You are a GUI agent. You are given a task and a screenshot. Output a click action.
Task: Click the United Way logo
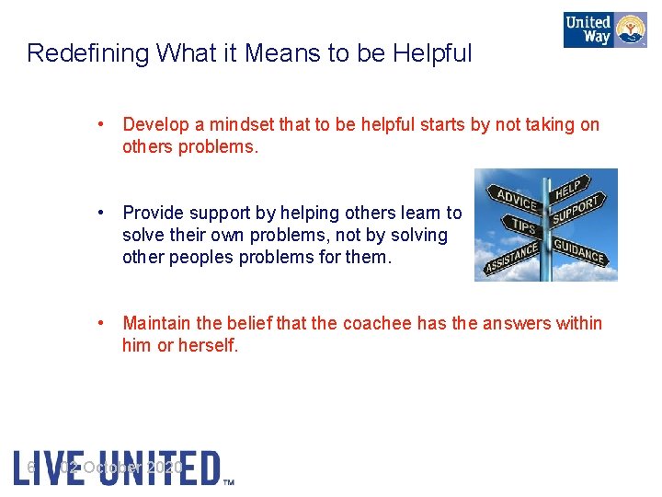click(x=604, y=29)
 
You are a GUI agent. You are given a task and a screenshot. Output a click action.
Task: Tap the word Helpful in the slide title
click(x=432, y=53)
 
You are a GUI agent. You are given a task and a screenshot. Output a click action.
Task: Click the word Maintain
click(x=156, y=323)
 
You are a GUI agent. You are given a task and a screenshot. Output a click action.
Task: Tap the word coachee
click(x=377, y=323)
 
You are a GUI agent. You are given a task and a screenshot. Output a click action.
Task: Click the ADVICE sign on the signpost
click(x=517, y=199)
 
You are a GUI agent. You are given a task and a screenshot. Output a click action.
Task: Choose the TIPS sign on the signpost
click(x=523, y=225)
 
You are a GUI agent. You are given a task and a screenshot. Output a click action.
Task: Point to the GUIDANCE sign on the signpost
click(x=579, y=250)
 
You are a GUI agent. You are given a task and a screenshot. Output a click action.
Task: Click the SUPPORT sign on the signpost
click(x=576, y=209)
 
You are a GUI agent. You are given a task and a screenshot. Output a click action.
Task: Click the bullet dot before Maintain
click(x=110, y=323)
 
